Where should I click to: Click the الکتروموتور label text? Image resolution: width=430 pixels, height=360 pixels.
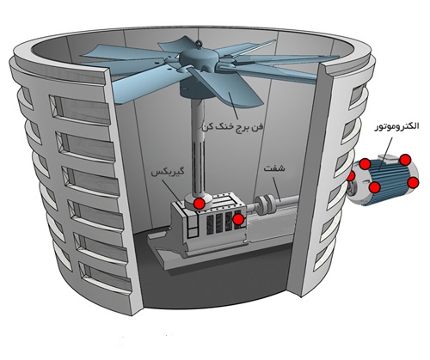pos(396,126)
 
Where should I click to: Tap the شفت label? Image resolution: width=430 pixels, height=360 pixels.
pos(274,168)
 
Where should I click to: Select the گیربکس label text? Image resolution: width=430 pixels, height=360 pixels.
pos(167,173)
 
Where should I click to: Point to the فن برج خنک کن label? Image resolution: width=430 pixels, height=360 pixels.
pos(232,127)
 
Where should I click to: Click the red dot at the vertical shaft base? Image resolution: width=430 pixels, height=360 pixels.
pos(199,204)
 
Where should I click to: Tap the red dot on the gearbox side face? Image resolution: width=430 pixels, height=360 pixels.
pos(238,219)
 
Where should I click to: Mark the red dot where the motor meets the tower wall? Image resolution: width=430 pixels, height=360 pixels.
pos(351,176)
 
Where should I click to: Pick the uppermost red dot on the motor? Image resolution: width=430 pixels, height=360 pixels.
pos(405,160)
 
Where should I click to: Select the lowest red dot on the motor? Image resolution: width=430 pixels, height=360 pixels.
pos(374,187)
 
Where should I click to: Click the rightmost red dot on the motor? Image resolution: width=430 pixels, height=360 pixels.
pos(413,182)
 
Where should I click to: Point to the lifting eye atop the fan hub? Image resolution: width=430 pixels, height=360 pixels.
pos(199,44)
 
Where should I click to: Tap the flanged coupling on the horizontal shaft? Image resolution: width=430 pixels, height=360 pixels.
pos(265,204)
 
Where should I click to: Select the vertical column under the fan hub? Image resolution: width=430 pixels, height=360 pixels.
pos(198,146)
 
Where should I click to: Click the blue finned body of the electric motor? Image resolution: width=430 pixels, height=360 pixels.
pos(390,179)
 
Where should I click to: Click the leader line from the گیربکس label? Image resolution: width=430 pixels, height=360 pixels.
pos(172,191)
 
